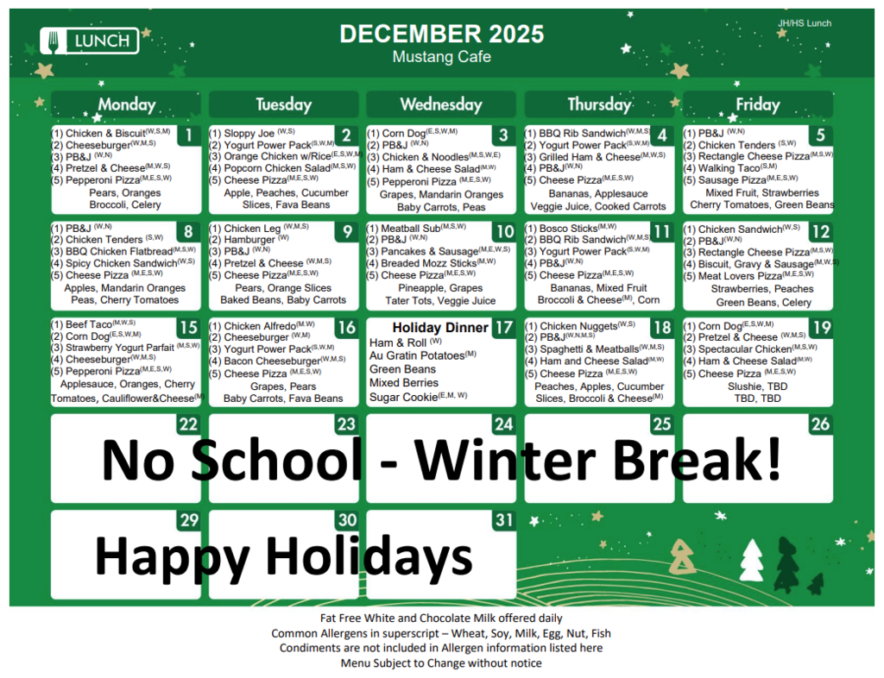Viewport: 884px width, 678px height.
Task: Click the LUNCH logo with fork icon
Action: (90, 40)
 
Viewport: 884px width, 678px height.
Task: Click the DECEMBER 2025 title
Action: (441, 34)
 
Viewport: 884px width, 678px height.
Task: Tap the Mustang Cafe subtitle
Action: (441, 57)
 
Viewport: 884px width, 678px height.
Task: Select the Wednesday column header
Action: (440, 104)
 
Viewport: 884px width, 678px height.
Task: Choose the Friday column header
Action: (757, 104)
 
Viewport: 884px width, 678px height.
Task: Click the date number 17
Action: (503, 328)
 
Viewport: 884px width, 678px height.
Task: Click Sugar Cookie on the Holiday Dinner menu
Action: (403, 397)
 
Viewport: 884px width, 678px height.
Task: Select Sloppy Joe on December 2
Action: (249, 134)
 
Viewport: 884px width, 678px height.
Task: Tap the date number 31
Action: (503, 521)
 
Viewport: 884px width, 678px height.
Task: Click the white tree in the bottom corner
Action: (751, 561)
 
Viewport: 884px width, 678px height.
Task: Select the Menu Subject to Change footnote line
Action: (441, 663)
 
